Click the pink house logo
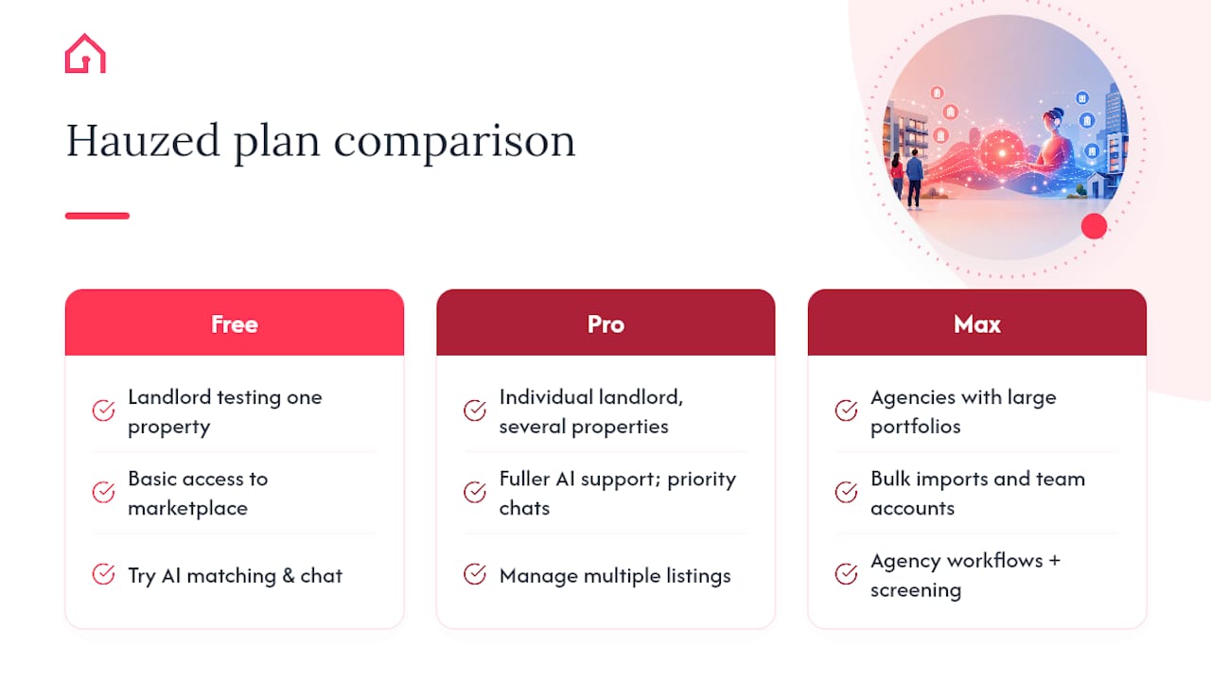coord(85,54)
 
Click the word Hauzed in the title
coord(143,141)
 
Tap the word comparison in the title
coord(455,143)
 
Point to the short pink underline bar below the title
coord(97,216)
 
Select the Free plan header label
coord(234,324)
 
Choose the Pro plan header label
coord(605,324)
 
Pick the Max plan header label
coord(977,324)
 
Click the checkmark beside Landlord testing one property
coord(103,410)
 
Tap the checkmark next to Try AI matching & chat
coord(103,574)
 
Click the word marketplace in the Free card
coord(187,509)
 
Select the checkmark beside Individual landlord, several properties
coord(475,410)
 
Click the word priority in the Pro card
coord(702,480)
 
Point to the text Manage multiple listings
coord(615,576)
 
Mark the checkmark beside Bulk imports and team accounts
coord(846,492)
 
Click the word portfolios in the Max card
coord(915,427)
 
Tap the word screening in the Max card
coord(916,590)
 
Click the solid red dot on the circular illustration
coord(1094,226)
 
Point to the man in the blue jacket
coord(914,179)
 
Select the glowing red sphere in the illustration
coord(1002,153)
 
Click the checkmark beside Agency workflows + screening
coord(846,574)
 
